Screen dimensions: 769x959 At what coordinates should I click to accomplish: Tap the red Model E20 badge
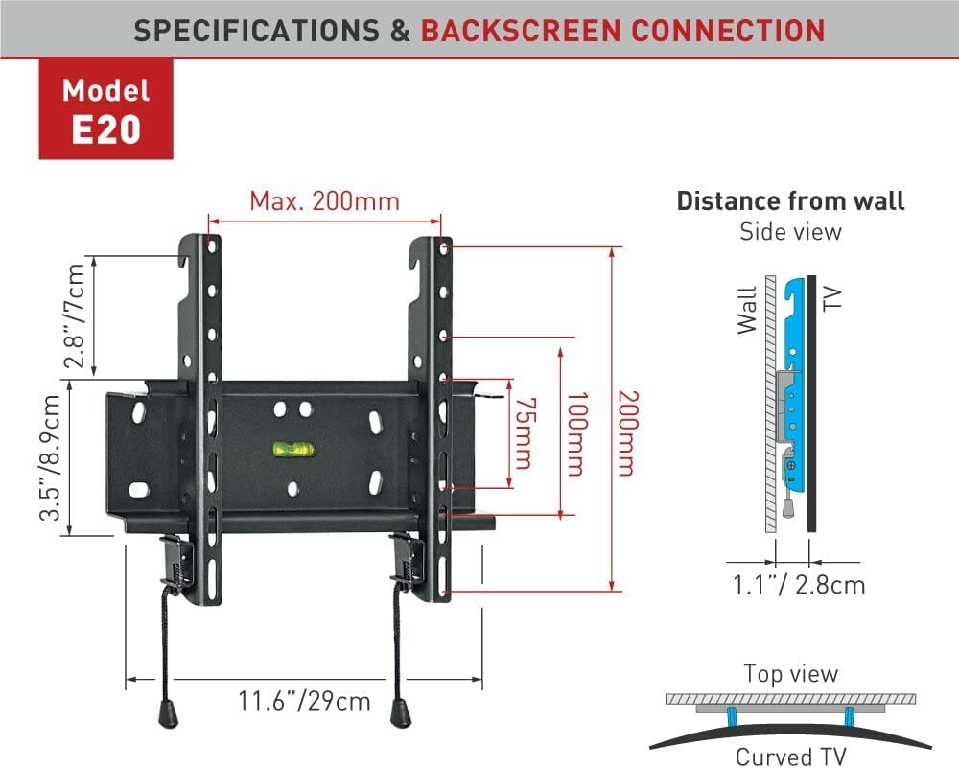pyautogui.click(x=105, y=110)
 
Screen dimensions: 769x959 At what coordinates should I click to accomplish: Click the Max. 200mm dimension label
pyautogui.click(x=324, y=201)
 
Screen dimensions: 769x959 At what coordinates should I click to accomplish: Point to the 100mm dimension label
pyautogui.click(x=575, y=433)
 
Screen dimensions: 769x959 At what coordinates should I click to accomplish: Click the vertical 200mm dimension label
pyautogui.click(x=627, y=433)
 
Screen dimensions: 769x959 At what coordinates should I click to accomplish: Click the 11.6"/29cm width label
pyautogui.click(x=304, y=701)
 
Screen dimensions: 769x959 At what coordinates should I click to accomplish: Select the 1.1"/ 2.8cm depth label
pyautogui.click(x=798, y=584)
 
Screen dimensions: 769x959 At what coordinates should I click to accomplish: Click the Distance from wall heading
pyautogui.click(x=790, y=201)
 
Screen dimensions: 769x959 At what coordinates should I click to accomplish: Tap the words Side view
pyautogui.click(x=790, y=231)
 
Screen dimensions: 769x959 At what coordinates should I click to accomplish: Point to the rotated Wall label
pyautogui.click(x=747, y=310)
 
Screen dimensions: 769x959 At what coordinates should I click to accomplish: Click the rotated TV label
pyautogui.click(x=830, y=297)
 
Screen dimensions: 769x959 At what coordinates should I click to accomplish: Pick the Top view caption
pyautogui.click(x=790, y=674)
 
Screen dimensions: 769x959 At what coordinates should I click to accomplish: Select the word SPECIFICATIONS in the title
pyautogui.click(x=258, y=30)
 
